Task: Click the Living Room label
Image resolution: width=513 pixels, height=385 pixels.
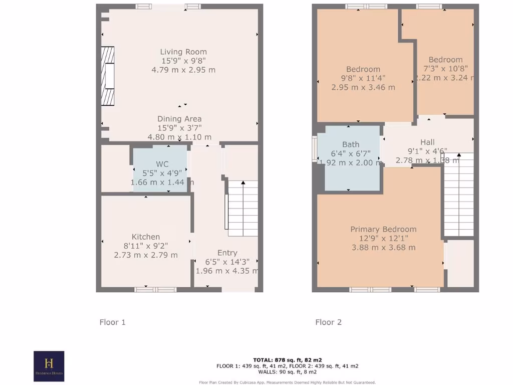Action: point(183,52)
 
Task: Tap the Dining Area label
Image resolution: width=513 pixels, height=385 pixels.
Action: point(179,119)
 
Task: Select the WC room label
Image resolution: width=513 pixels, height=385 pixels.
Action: point(162,164)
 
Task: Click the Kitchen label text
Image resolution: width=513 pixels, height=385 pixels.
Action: point(146,237)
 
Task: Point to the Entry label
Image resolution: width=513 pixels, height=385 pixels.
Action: point(227,253)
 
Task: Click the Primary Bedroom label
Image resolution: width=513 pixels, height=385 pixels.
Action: point(383,229)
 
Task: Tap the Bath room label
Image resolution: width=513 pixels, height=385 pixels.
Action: point(351,144)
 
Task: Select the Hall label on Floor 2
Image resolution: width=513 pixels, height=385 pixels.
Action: point(427,142)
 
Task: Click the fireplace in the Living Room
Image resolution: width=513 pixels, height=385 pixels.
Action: point(108,76)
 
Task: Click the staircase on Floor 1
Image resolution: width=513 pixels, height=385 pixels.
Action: point(242,208)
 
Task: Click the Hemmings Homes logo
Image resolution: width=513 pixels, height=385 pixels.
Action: point(49,366)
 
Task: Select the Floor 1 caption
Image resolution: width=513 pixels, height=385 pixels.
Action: point(112,322)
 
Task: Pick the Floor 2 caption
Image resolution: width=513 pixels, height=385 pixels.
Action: point(328,322)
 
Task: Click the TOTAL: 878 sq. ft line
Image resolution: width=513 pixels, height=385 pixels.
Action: point(287,360)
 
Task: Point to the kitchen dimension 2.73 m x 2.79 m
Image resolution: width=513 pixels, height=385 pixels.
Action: point(146,255)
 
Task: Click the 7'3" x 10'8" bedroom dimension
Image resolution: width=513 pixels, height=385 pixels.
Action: point(445,69)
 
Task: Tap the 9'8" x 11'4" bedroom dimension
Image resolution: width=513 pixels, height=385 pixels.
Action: point(363,78)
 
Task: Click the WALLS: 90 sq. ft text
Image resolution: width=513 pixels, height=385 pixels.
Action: point(287,371)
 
